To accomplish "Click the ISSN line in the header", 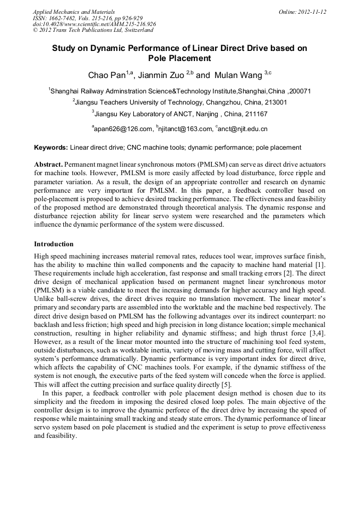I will [88, 18].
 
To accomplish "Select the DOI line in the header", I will [94, 24].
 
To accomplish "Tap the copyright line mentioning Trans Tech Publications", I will [93, 30].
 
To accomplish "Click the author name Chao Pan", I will [106, 75].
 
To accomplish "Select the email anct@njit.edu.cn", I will [243, 128].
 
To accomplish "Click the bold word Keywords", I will [50, 148].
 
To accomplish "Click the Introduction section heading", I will [54, 244].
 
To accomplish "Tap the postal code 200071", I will [299, 91].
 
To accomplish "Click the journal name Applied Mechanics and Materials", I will [74, 12].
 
